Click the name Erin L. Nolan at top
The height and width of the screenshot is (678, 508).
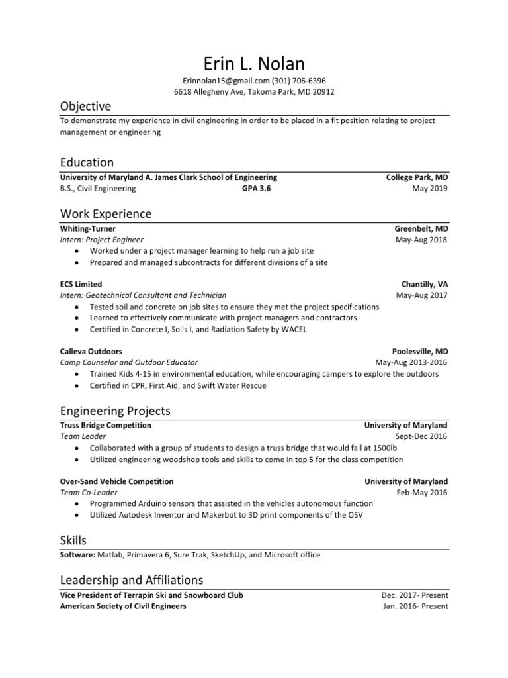[x=254, y=64]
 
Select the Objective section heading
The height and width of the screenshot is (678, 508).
[x=85, y=107]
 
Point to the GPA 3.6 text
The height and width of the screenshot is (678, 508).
[x=256, y=189]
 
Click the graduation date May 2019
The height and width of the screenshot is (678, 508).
[x=429, y=189]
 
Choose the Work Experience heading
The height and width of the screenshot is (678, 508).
[x=105, y=214]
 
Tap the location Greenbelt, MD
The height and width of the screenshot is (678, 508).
[x=421, y=228]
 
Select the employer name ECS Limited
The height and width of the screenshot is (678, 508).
[x=81, y=284]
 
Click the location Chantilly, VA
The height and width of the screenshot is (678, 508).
[x=424, y=284]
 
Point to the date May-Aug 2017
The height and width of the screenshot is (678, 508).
[x=421, y=295]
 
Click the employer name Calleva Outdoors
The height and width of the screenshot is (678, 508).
[x=91, y=352]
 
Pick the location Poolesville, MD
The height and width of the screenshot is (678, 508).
[x=420, y=352]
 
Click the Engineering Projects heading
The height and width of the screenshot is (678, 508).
[x=114, y=411]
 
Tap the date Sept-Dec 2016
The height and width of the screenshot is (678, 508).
[x=421, y=437]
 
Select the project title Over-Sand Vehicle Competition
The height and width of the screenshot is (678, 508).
[x=116, y=481]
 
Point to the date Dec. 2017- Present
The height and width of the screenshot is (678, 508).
[x=415, y=595]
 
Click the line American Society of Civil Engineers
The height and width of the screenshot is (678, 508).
[x=123, y=606]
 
